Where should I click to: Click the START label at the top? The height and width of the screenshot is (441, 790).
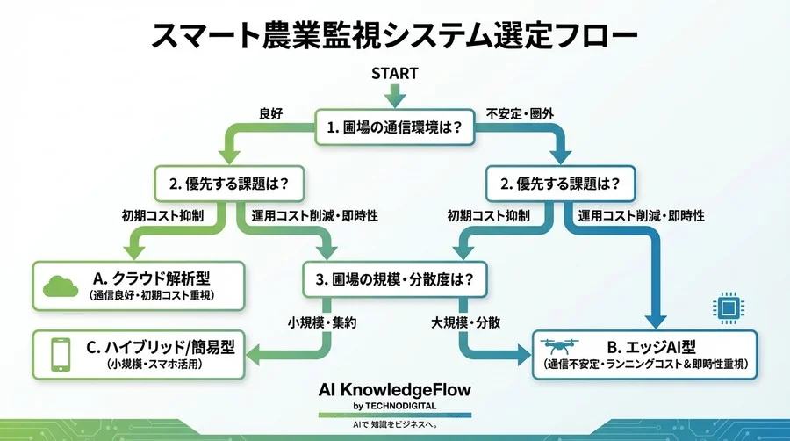click(394, 74)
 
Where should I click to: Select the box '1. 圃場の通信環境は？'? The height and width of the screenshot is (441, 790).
click(394, 127)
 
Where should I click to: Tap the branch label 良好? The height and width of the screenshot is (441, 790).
click(271, 113)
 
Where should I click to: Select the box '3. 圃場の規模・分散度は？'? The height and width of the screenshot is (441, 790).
click(394, 280)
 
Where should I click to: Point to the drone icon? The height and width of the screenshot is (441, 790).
click(562, 349)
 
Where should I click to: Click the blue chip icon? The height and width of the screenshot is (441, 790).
click(725, 307)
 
